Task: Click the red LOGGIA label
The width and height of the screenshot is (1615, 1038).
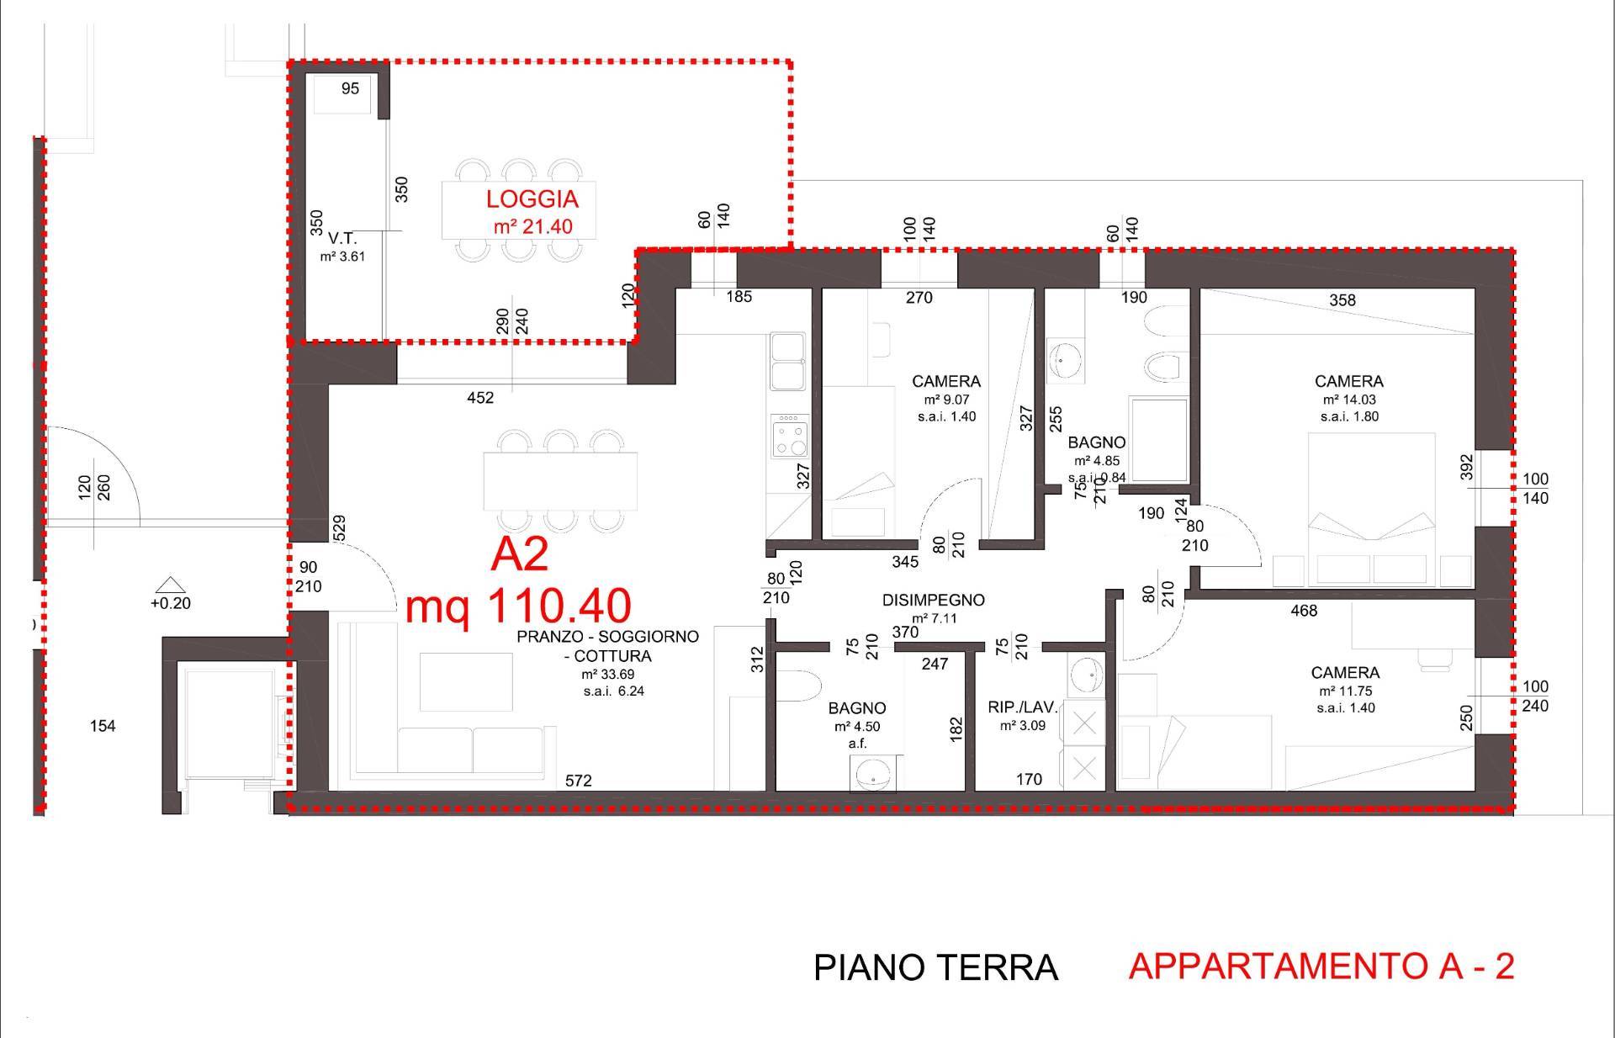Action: point(532,199)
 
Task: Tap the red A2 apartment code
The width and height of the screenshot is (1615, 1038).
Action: point(519,555)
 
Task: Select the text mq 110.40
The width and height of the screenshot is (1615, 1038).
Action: point(518,606)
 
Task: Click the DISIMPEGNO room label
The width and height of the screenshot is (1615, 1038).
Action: point(933,601)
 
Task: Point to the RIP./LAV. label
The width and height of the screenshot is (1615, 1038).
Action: point(1022,708)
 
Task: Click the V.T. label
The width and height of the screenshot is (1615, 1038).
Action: point(342,239)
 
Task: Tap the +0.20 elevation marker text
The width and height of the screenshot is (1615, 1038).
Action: point(171,603)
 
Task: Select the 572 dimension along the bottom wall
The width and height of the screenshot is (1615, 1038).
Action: point(578,781)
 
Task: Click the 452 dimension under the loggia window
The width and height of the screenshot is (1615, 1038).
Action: point(480,398)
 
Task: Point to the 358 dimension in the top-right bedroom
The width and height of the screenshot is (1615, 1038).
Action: point(1342,300)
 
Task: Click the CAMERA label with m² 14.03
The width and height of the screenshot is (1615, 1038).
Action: point(1349,381)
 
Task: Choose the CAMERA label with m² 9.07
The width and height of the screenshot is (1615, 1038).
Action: point(946,381)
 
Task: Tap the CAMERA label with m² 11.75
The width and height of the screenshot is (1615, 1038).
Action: point(1345,673)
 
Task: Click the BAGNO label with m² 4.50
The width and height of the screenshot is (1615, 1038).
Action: point(856,708)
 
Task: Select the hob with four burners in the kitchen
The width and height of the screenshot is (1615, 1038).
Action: point(790,437)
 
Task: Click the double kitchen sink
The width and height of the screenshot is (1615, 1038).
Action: point(787,363)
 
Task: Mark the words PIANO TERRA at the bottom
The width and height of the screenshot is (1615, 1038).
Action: point(935,968)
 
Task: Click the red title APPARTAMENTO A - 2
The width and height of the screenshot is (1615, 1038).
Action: point(1321,967)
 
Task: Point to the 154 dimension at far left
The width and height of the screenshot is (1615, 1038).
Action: point(103,726)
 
